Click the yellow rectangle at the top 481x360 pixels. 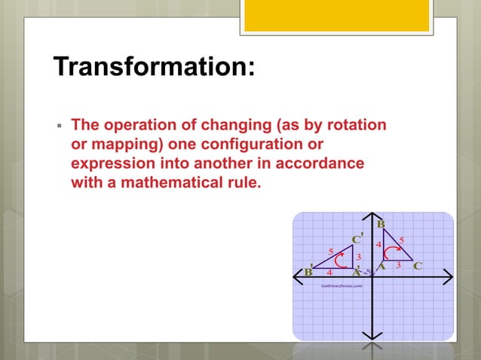click(336, 15)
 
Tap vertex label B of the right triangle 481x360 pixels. click(381, 224)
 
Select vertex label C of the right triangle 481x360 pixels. click(418, 266)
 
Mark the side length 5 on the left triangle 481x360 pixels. click(330, 250)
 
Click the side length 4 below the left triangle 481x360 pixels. click(329, 273)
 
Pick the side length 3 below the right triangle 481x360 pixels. click(399, 266)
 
